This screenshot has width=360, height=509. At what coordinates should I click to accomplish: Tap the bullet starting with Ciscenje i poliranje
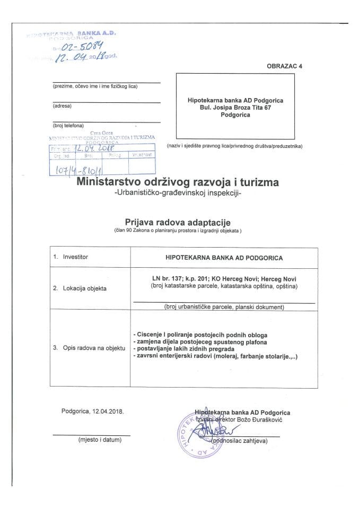tap(202, 335)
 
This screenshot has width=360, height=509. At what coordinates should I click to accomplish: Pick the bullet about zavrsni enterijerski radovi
tap(216, 357)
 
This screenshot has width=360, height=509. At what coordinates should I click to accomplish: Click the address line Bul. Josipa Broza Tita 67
tap(236, 107)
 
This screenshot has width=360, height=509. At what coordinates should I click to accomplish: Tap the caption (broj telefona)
tap(68, 125)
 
